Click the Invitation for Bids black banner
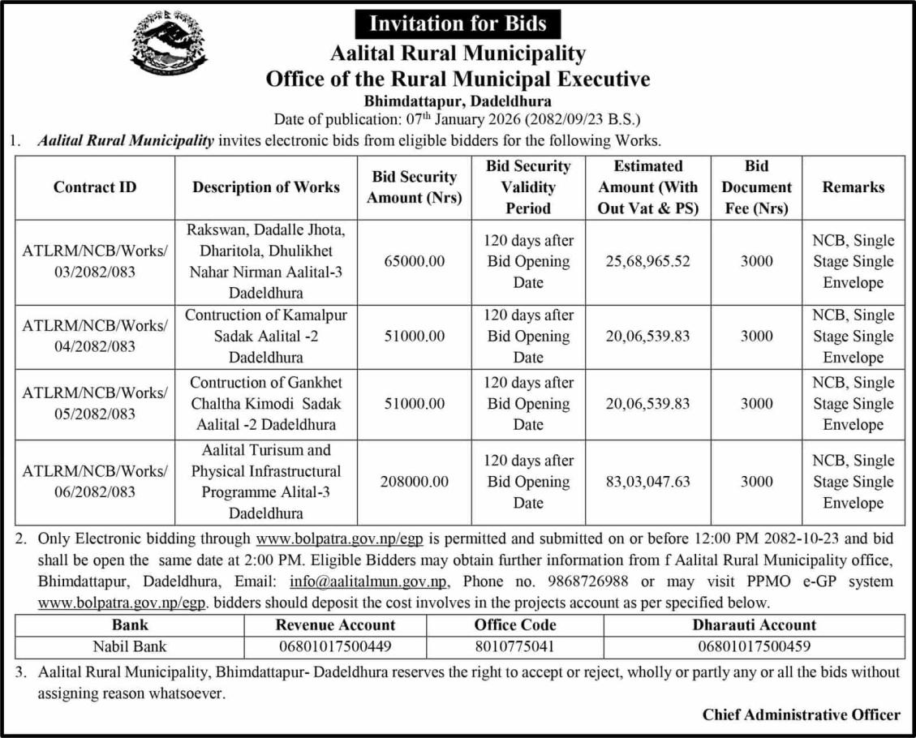(458, 24)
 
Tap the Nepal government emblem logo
(169, 43)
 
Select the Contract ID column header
(95, 187)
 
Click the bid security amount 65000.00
(415, 262)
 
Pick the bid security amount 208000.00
(415, 482)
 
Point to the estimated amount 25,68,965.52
(647, 262)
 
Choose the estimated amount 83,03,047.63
(647, 482)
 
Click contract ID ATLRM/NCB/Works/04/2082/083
(95, 336)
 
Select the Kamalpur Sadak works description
(265, 336)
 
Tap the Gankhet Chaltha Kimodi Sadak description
(265, 403)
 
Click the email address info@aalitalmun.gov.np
(368, 581)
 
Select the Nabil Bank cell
(130, 646)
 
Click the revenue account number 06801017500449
(335, 646)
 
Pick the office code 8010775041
(515, 646)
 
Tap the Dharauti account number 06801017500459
(754, 646)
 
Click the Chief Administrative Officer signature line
(801, 714)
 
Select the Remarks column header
(853, 187)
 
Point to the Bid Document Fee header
(756, 187)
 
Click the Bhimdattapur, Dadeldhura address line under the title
(458, 102)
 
